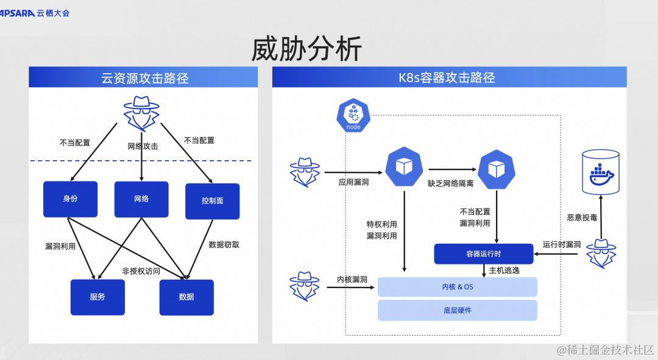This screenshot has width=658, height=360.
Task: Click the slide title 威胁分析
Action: pyautogui.click(x=306, y=49)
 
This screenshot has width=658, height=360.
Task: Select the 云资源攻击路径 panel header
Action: pyautogui.click(x=144, y=78)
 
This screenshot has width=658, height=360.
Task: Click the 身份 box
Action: pyautogui.click(x=70, y=199)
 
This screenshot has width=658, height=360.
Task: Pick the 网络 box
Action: pyautogui.click(x=141, y=199)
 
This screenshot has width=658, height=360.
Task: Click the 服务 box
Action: pyautogui.click(x=97, y=297)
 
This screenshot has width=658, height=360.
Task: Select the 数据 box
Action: pyautogui.click(x=186, y=297)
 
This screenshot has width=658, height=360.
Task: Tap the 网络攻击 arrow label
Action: pyautogui.click(x=143, y=147)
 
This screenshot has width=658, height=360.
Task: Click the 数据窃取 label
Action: pyautogui.click(x=224, y=245)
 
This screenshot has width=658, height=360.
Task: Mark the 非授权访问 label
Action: pyautogui.click(x=141, y=271)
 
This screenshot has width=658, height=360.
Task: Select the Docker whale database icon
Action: pyautogui.click(x=601, y=172)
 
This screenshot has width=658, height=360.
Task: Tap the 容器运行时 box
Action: pyautogui.click(x=483, y=254)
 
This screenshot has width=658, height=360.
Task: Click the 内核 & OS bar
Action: pyautogui.click(x=457, y=287)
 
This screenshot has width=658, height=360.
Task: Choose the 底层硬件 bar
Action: pyautogui.click(x=457, y=310)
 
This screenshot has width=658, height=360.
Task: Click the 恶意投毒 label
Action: pyautogui.click(x=582, y=217)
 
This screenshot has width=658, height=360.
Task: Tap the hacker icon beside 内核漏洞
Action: pyautogui.click(x=305, y=285)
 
